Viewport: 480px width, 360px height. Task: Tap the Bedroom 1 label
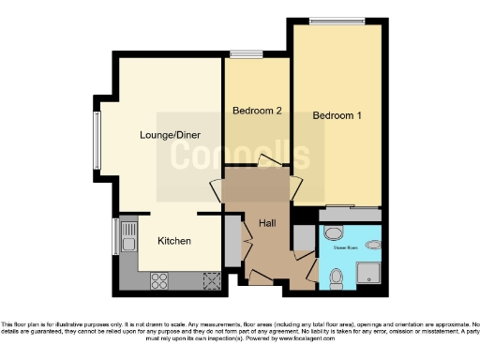point(337,116)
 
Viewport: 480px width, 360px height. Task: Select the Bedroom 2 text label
point(257,112)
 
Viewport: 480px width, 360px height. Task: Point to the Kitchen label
point(174,241)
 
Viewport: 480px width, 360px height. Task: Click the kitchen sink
point(128,240)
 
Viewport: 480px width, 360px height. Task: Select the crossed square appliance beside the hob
point(210,278)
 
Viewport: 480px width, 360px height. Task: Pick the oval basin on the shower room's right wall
point(374,245)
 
